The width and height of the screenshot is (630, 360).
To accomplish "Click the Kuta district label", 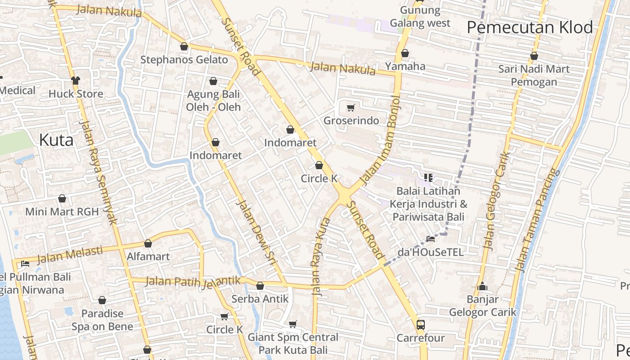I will [x=56, y=140].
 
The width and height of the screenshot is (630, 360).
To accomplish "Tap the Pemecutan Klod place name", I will [x=530, y=27].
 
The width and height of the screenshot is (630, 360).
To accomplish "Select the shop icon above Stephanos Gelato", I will [x=184, y=46].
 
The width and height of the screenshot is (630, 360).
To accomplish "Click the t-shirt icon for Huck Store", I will [x=76, y=81].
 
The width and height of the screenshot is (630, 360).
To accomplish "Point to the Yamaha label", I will [x=405, y=66].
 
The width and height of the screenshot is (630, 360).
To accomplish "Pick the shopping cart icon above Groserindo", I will [x=351, y=108].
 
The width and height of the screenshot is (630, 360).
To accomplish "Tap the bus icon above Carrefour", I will [x=421, y=324].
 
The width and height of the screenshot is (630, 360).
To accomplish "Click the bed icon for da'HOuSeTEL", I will [x=431, y=238].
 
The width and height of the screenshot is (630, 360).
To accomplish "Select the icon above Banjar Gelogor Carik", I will [x=482, y=286].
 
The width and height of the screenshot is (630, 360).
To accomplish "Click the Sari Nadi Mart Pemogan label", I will [x=534, y=75].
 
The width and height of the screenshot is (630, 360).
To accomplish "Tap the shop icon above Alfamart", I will [x=148, y=243].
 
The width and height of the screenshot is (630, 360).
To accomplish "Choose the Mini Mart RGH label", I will [x=62, y=211].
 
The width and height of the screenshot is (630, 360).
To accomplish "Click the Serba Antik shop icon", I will [x=260, y=286].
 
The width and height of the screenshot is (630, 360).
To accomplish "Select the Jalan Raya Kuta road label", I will [x=321, y=257].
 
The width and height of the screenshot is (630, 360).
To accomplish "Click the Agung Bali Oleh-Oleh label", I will [x=213, y=101].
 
